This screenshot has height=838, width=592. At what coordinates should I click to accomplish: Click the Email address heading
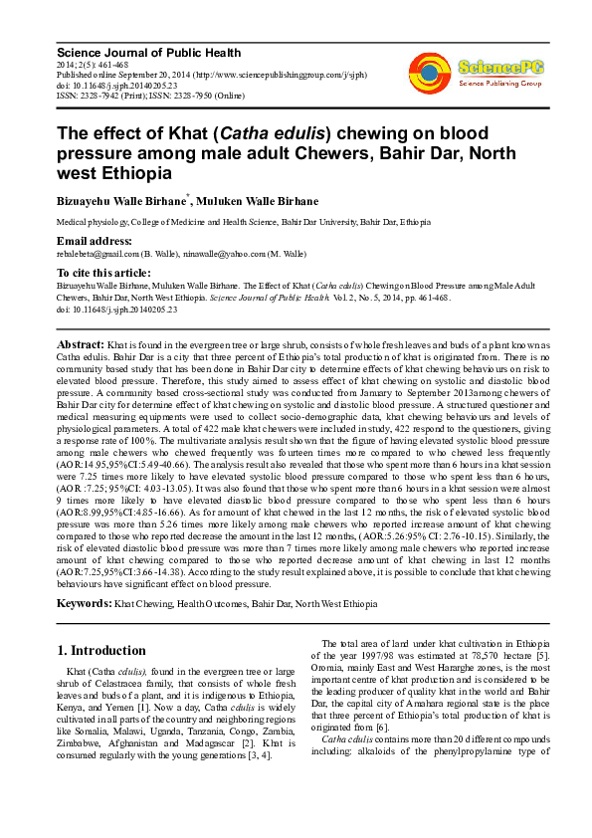[94, 241]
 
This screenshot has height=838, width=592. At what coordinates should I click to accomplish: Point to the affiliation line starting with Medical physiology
[243, 222]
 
